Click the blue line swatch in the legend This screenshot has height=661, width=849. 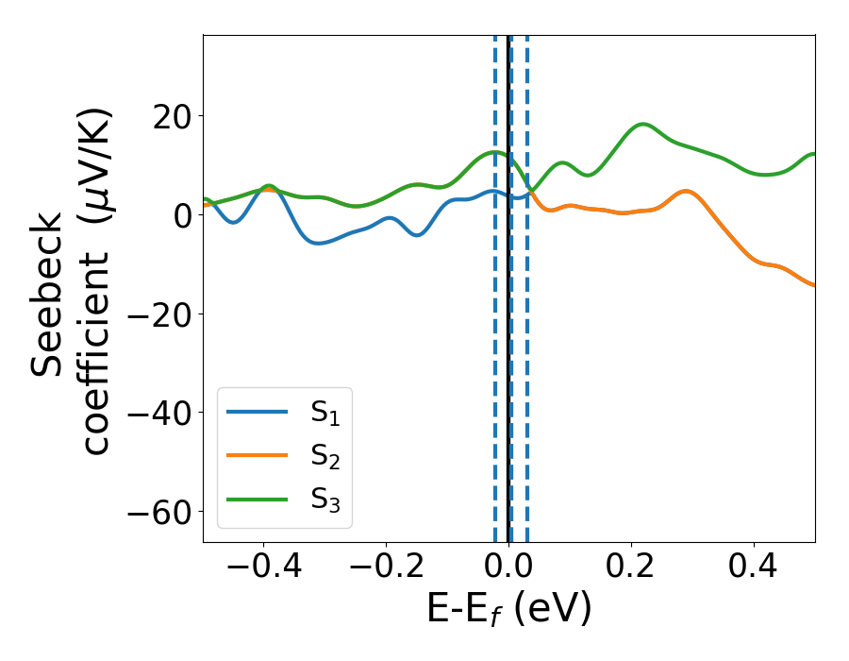257,412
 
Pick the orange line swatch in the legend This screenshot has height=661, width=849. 257,456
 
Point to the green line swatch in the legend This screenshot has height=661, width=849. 257,500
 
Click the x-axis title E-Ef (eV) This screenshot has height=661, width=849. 508,610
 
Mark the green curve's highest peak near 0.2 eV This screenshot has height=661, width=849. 643,124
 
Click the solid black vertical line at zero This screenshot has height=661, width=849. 508,378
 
